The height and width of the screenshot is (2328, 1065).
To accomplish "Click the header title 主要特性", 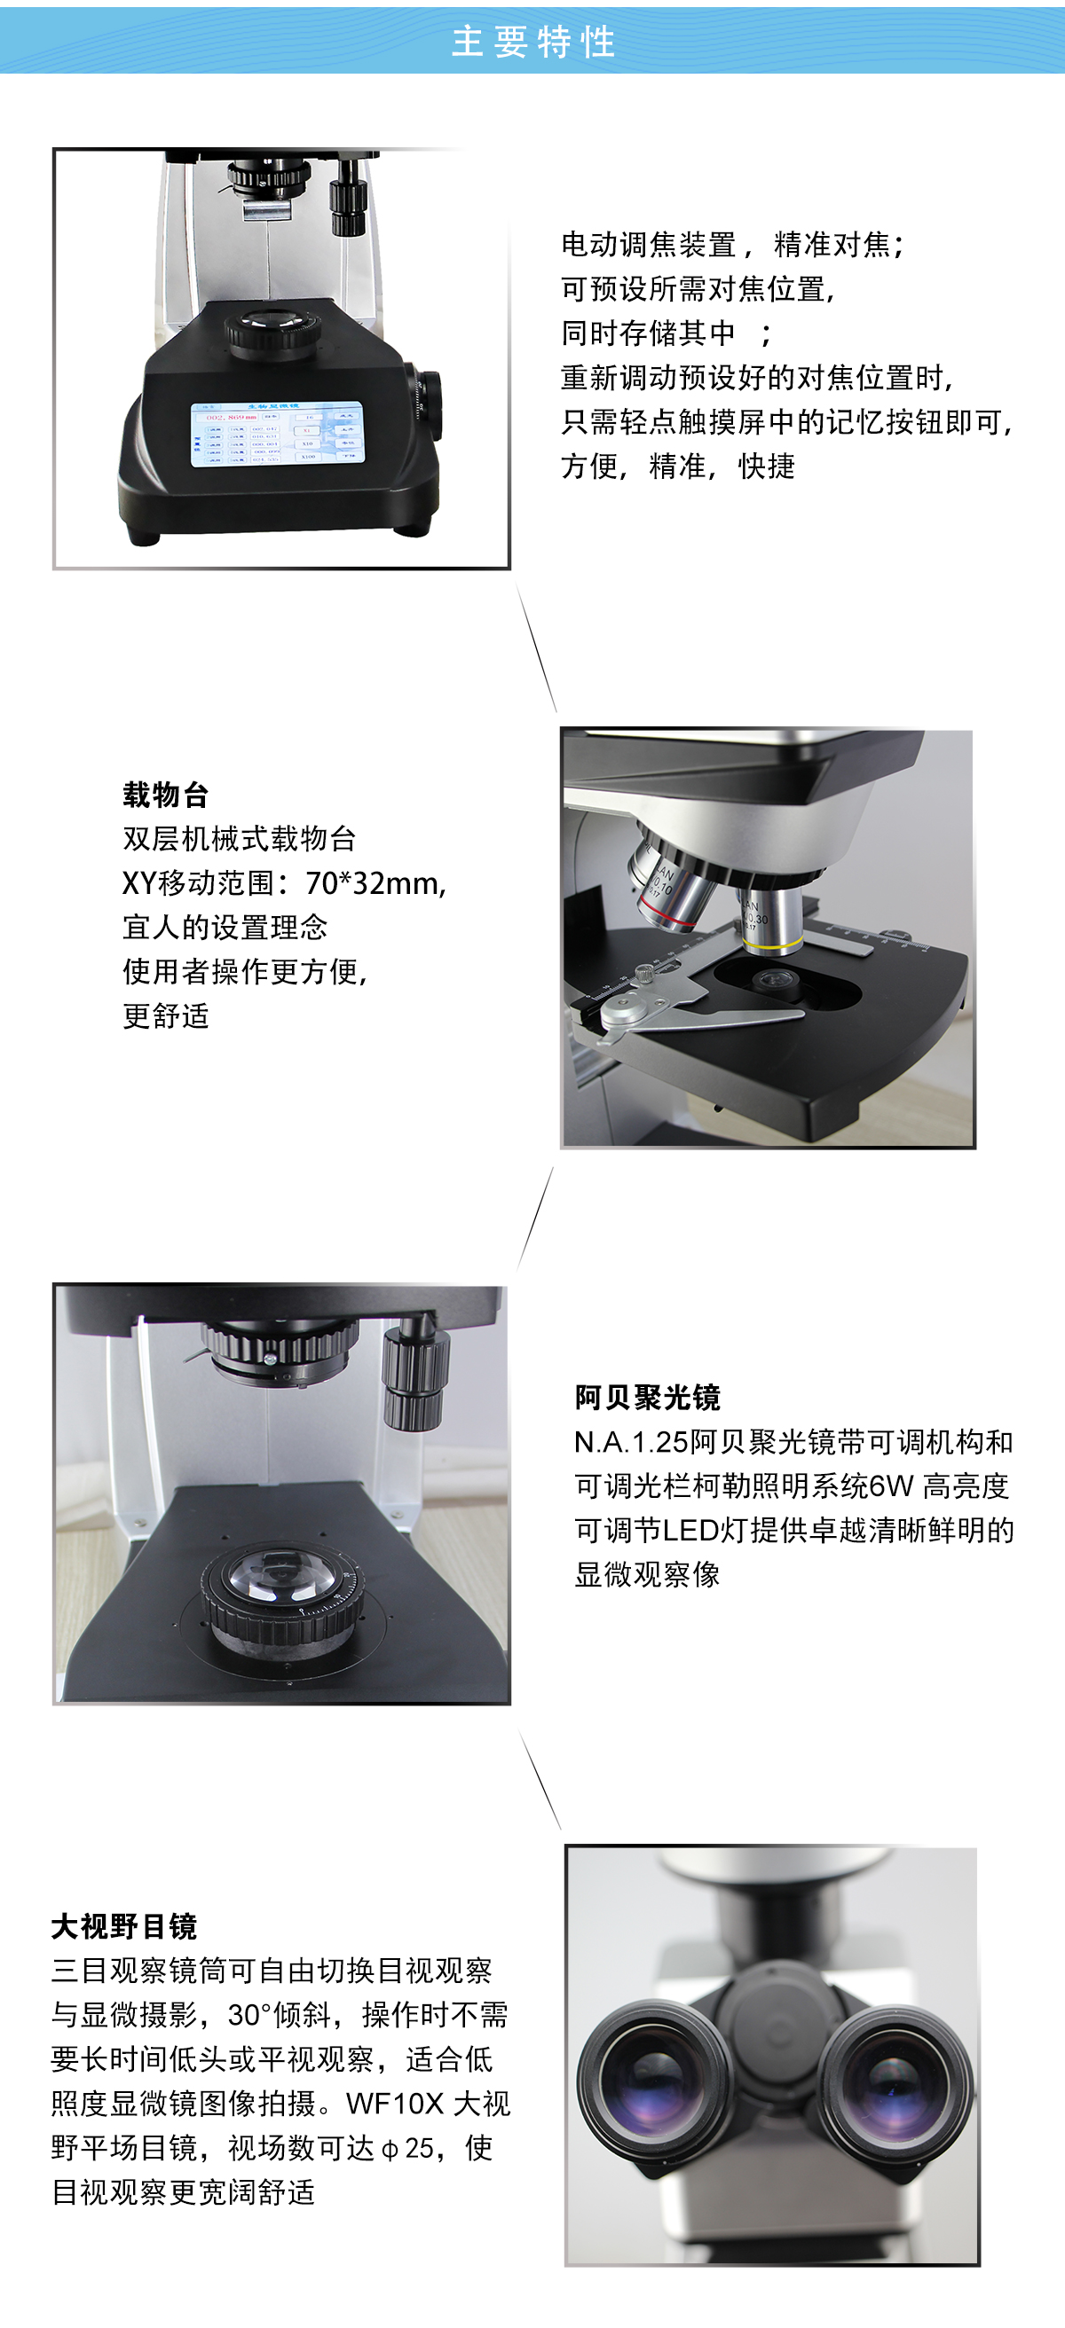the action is [x=533, y=42].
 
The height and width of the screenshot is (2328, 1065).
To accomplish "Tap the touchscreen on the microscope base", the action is [x=277, y=435].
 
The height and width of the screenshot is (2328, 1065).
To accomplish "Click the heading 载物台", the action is [x=166, y=796].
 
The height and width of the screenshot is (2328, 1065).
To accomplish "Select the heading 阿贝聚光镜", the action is [x=647, y=1398].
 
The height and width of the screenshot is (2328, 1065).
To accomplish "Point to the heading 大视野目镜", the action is [x=124, y=1927].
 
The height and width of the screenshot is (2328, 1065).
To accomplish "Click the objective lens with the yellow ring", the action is [x=771, y=917].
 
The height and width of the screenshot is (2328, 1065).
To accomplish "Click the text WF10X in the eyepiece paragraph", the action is [x=395, y=2104].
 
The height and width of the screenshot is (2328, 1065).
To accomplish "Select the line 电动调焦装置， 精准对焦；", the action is [x=733, y=245].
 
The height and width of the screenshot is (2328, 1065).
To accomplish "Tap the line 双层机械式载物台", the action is [x=240, y=839].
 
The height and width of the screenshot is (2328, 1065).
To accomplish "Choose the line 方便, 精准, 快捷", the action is [x=678, y=466].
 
